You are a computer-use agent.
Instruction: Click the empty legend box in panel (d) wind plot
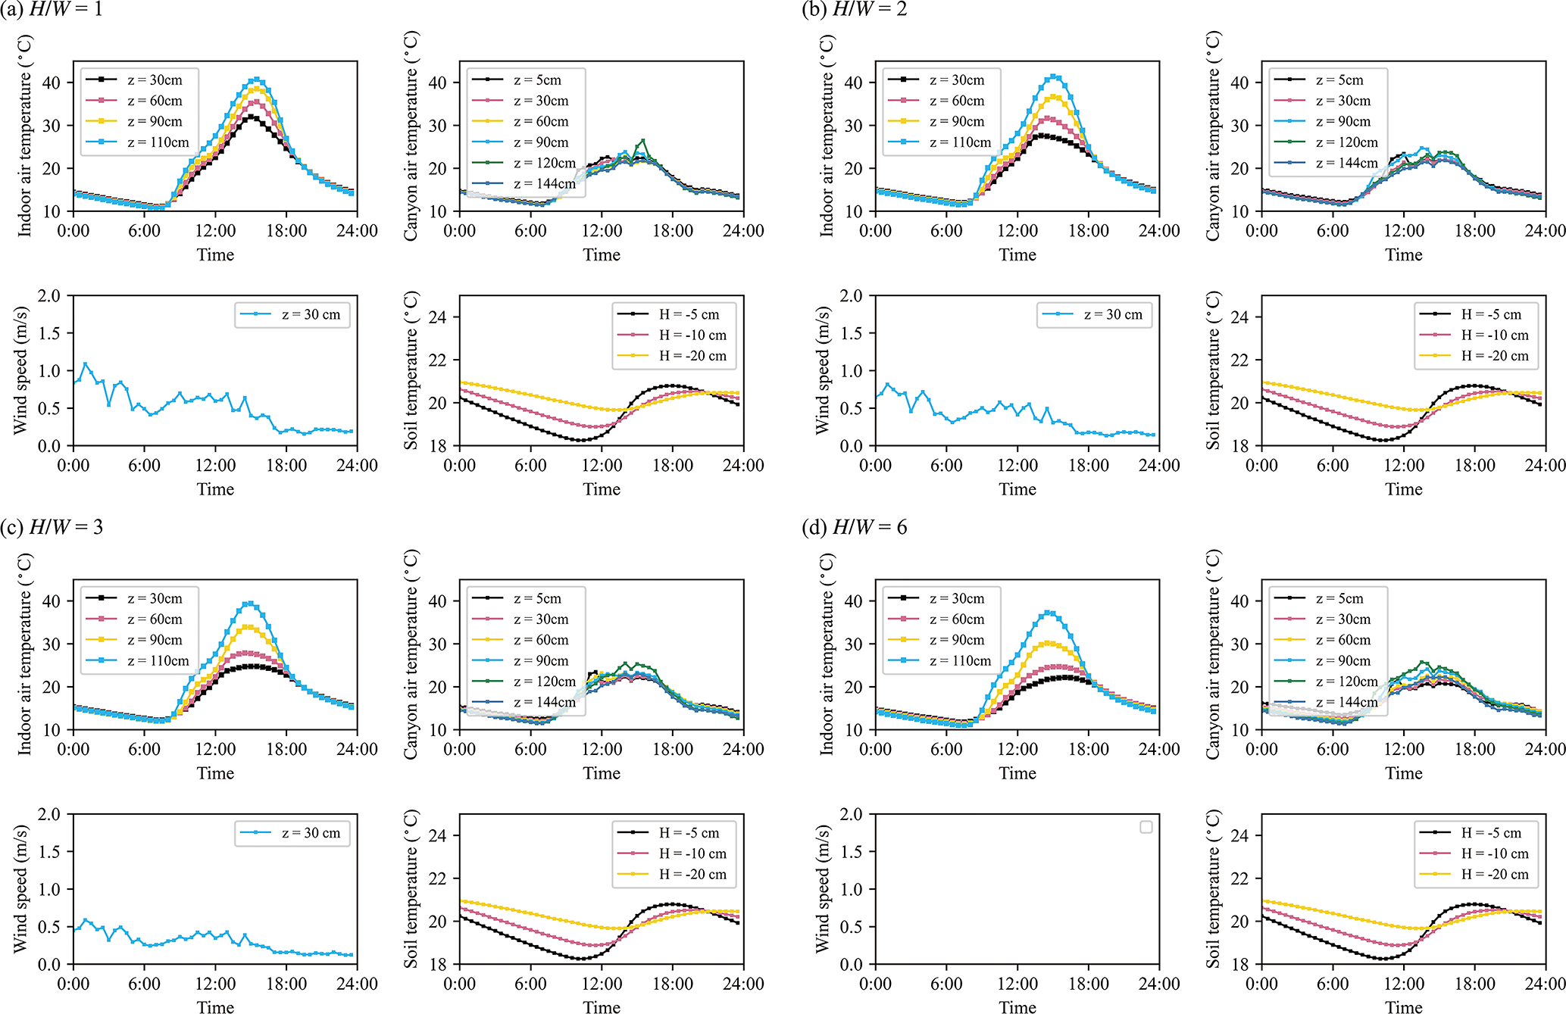(1146, 827)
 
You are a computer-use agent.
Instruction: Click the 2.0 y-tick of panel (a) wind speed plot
(49, 296)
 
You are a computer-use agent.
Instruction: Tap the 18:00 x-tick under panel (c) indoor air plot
(286, 750)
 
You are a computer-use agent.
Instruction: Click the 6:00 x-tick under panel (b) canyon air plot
(1333, 231)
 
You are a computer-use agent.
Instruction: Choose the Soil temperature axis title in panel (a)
(411, 370)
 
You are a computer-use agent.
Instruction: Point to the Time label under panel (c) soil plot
(602, 1007)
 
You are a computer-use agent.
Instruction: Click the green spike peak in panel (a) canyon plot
(643, 140)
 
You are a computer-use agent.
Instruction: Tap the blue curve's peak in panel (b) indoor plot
(1053, 76)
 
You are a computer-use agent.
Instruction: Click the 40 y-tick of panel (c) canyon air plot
(438, 601)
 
